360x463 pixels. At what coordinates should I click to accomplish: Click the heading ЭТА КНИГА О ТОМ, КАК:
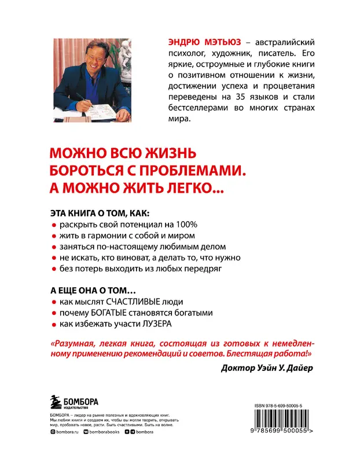pyautogui.click(x=100, y=212)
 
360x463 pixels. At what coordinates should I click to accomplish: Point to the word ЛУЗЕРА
pyautogui.click(x=156, y=324)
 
